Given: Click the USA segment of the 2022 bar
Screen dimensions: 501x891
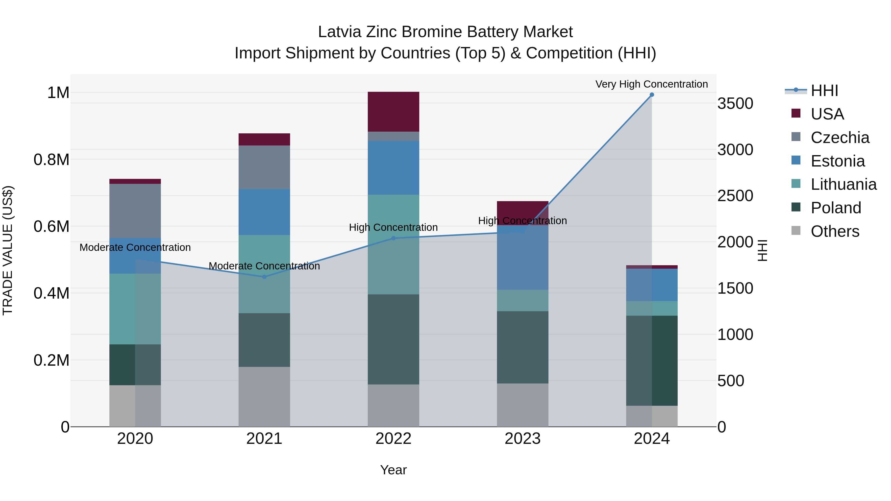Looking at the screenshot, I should click(393, 111).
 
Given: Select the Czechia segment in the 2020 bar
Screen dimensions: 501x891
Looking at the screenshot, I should click(135, 211).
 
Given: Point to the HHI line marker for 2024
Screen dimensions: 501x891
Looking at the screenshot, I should click(652, 95).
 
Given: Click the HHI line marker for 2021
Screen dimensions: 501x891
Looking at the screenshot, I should click(264, 277).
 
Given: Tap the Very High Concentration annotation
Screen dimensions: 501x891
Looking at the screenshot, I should click(651, 84).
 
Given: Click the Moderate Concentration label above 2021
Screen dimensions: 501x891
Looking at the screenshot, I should click(264, 266).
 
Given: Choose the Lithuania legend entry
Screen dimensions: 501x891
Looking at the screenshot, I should click(843, 184).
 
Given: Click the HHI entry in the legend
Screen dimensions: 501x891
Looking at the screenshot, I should click(824, 91).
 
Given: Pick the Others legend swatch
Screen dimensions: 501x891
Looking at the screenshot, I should click(795, 231).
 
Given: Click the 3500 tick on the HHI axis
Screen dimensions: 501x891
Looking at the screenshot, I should click(735, 103).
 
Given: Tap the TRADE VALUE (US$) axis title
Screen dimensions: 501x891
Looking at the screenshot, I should click(8, 250).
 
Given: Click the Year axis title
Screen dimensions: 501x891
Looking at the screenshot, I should click(393, 470).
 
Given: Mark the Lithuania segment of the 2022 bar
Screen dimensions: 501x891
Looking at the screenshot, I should click(393, 244).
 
